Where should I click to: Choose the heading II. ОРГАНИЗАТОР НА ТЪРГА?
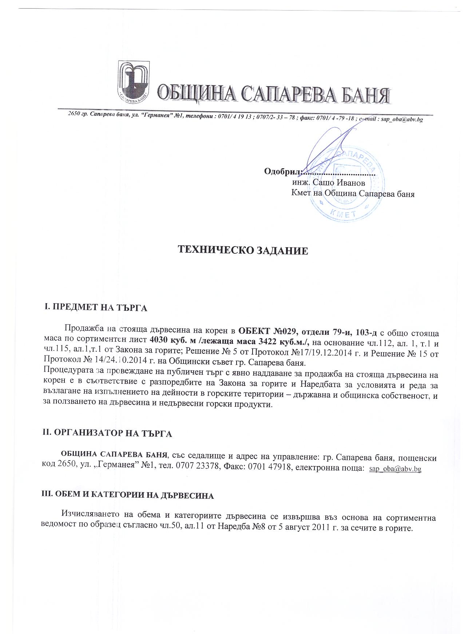pyautogui.click(x=107, y=433)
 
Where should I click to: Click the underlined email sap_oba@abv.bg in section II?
pyautogui.click(x=395, y=469)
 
